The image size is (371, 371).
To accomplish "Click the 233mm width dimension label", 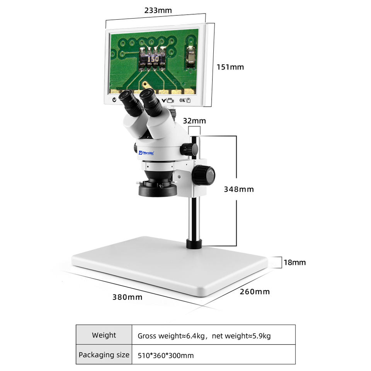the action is tap(158, 10).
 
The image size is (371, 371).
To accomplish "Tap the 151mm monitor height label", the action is tap(230, 67).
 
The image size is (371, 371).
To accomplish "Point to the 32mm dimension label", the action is tap(194, 121).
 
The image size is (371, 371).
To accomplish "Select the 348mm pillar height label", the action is tap(239, 189).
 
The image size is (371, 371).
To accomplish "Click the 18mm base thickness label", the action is tap(294, 262).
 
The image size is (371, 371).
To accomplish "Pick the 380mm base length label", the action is tap(127, 297).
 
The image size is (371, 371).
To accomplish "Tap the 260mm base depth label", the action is tap(255, 291).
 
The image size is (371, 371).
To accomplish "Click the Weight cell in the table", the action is tap(104, 335).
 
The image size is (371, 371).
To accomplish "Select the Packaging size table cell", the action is tap(104, 355).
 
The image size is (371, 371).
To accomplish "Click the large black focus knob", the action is tap(203, 175).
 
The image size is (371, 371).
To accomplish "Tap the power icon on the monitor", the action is tap(114, 100).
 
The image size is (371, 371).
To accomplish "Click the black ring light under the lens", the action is tap(158, 190).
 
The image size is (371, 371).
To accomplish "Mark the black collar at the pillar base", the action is tap(194, 243).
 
